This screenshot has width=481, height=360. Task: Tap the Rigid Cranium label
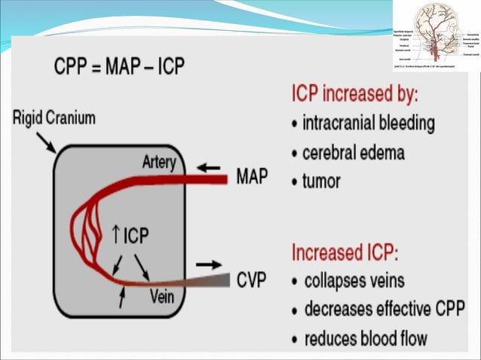coord(54,118)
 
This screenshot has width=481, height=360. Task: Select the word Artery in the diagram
coord(158,162)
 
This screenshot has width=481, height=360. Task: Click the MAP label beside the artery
coord(253,178)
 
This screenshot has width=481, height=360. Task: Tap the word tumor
coord(321,182)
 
